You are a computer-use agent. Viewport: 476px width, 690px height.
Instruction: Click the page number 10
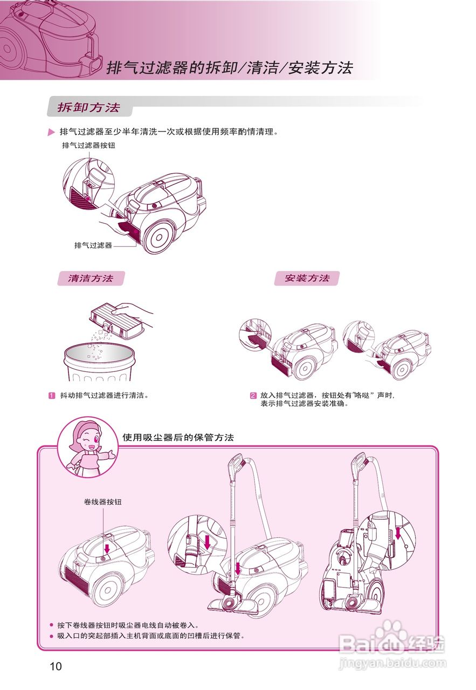coord(56,666)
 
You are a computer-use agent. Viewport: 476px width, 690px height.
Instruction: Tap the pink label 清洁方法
coord(91,278)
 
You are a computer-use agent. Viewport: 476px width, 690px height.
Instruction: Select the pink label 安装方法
coord(307,278)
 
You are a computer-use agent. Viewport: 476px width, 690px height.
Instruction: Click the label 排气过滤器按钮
coord(88,146)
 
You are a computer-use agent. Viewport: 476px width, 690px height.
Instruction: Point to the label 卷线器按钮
coord(103,502)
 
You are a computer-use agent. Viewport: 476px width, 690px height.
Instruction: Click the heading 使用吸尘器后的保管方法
coord(178,437)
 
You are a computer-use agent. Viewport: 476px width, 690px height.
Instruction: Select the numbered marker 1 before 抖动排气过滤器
coord(52,395)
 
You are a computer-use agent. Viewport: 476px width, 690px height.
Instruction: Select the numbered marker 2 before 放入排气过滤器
coord(253,395)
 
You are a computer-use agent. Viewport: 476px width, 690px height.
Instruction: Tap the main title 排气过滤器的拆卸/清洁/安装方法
coord(230,68)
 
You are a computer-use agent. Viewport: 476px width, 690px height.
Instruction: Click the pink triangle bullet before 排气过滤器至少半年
coord(51,132)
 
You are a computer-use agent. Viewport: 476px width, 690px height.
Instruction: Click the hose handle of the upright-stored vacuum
coord(358,464)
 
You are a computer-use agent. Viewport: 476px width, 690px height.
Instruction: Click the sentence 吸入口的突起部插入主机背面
coord(151,636)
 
